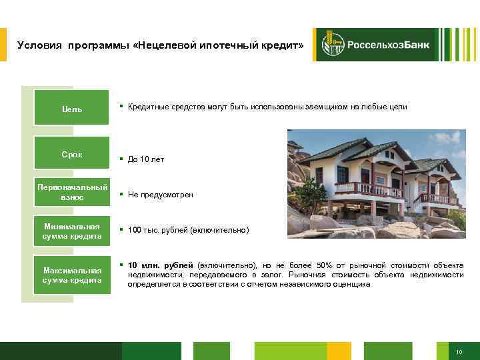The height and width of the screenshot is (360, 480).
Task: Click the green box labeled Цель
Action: (72, 108)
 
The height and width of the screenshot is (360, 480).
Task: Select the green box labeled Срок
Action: (72, 155)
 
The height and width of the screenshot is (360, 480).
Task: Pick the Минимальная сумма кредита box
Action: (72, 231)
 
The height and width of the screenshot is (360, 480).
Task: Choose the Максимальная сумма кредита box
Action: (72, 275)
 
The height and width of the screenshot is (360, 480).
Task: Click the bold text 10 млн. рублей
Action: (160, 265)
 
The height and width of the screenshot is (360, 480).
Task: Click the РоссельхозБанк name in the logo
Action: (387, 45)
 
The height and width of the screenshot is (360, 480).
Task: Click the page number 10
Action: (459, 351)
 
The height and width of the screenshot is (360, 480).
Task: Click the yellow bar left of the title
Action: (3, 45)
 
